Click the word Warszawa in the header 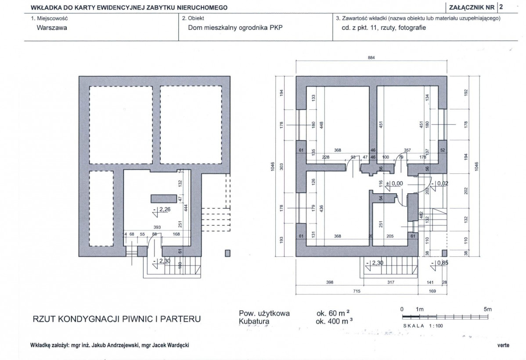click(x=52, y=28)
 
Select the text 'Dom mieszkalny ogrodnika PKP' click(x=235, y=28)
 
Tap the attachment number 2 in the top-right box click(x=501, y=7)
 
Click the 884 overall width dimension click(x=371, y=58)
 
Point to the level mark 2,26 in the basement click(x=162, y=210)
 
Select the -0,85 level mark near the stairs click(x=440, y=263)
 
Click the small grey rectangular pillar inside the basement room click(x=164, y=198)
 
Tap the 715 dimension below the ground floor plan click(x=357, y=291)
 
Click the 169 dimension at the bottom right click(x=432, y=291)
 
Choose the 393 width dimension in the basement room click(x=157, y=227)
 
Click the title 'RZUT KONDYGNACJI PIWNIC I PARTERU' click(x=117, y=319)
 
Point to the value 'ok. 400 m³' click(x=334, y=321)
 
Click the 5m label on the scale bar click(x=488, y=310)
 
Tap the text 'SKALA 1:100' click(x=423, y=326)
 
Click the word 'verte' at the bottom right click(x=503, y=345)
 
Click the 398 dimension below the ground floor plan click(x=330, y=282)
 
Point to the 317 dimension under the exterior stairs click(x=391, y=282)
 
